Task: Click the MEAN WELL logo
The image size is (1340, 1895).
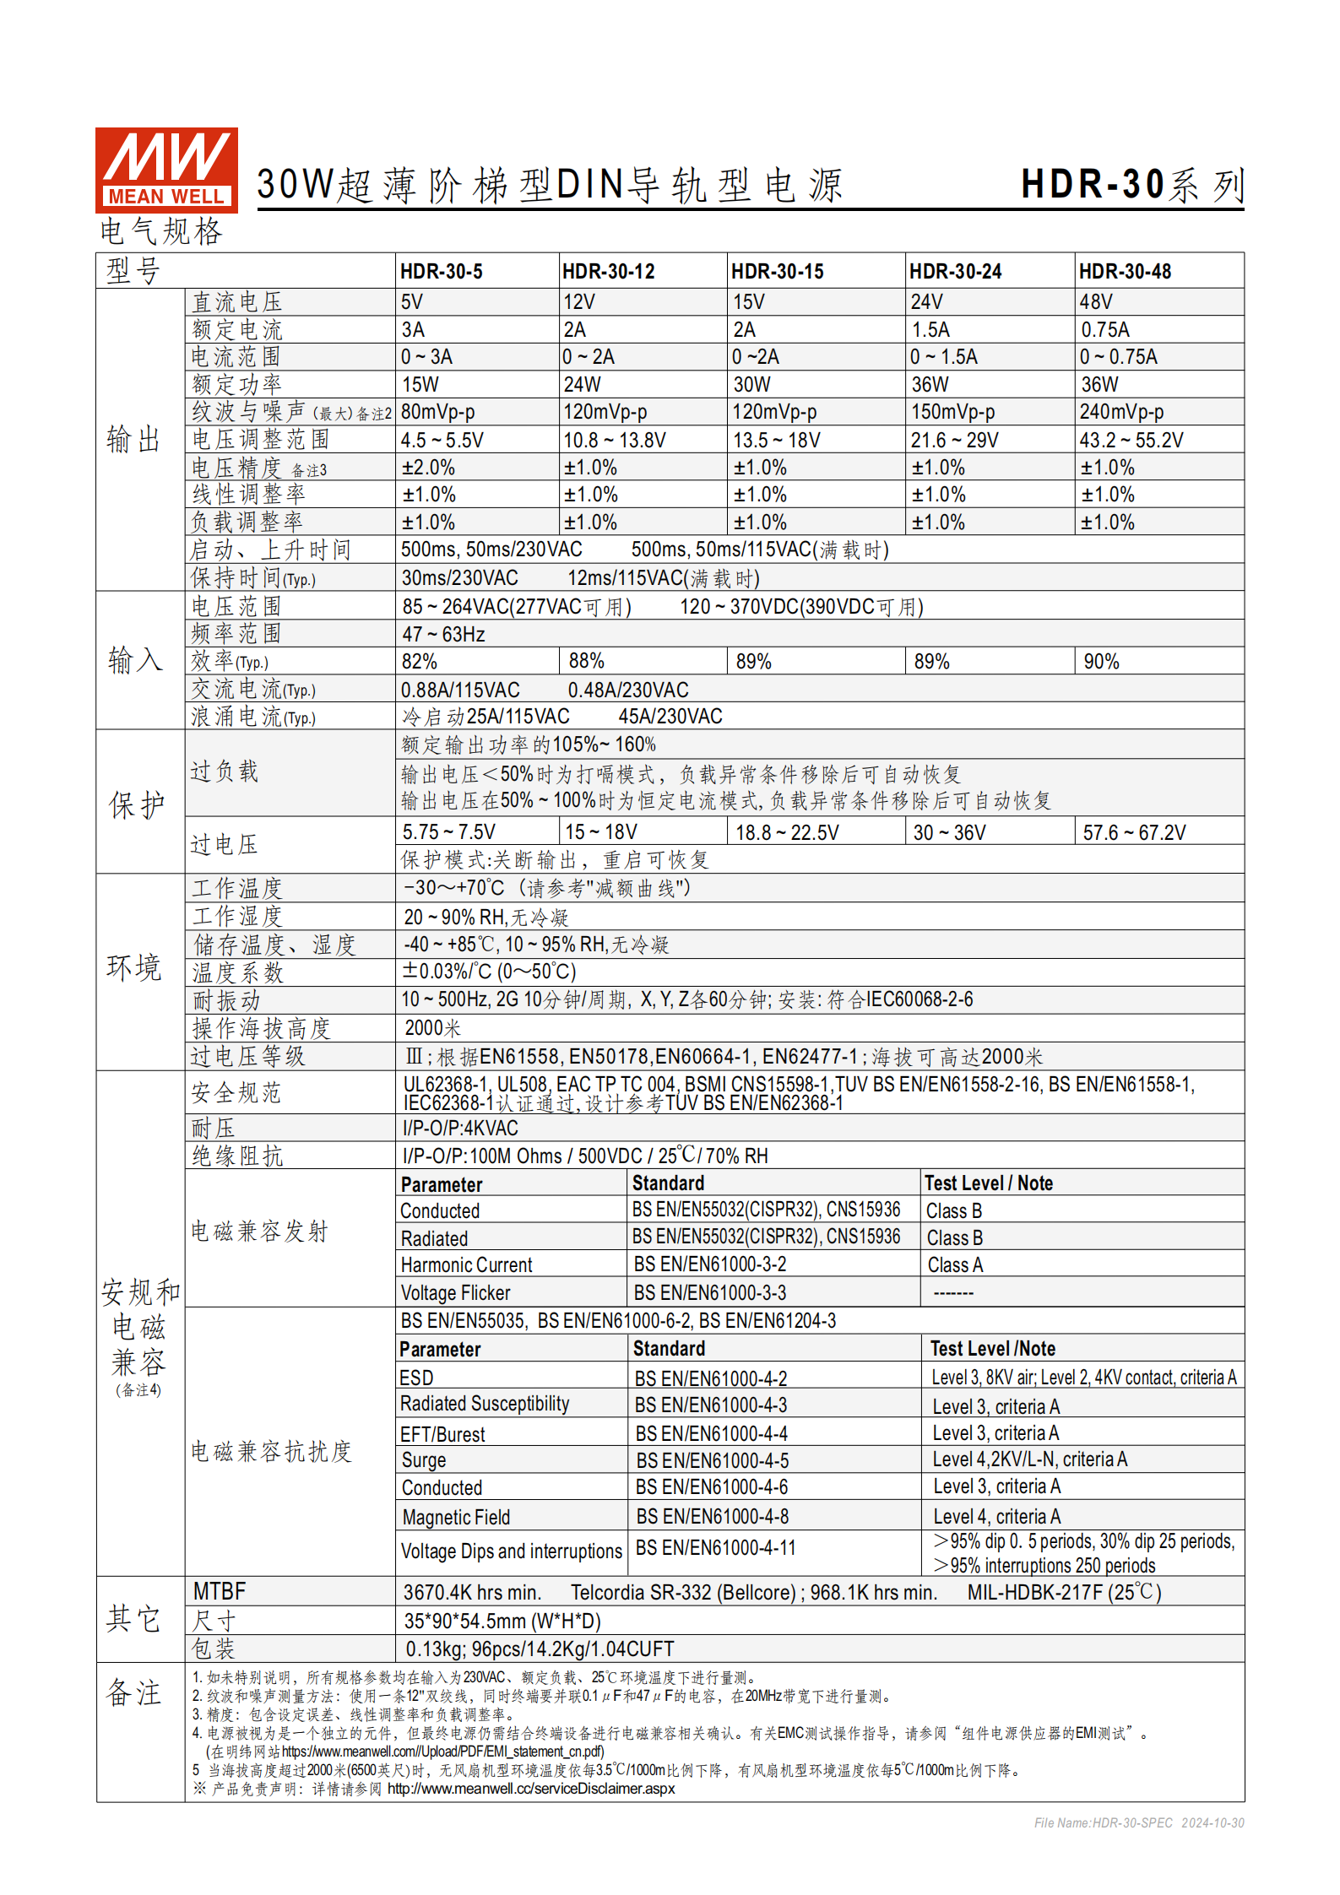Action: [166, 170]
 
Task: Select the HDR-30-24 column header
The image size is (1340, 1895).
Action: [955, 272]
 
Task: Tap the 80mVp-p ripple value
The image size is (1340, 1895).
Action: [437, 412]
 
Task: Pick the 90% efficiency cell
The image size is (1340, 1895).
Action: [1101, 662]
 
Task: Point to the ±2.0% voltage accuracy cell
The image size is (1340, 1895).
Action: [428, 468]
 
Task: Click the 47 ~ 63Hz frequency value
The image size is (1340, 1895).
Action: [443, 634]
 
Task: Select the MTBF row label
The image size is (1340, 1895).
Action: [219, 1592]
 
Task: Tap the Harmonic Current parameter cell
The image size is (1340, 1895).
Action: [466, 1265]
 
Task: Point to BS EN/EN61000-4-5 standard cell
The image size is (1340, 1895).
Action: [712, 1461]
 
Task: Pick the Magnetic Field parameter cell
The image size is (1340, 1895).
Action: [456, 1518]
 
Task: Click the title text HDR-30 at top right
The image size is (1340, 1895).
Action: [1093, 185]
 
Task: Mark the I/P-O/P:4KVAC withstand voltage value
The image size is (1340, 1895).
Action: [460, 1129]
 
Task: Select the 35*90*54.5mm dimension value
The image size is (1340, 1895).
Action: [502, 1622]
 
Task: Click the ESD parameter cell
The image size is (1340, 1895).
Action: [416, 1378]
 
